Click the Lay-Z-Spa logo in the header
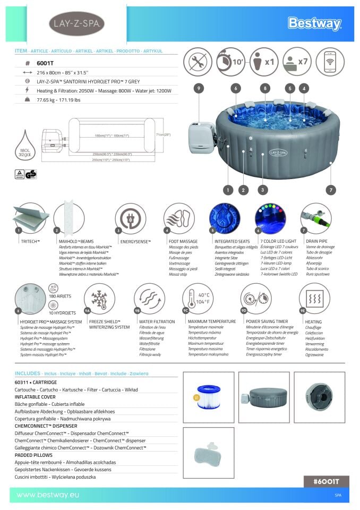pos(76,24)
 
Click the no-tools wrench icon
pos(198,62)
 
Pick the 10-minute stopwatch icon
pos(230,62)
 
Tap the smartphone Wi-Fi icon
pos(330,62)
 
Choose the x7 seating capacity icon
pos(297,62)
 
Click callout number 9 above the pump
pos(199,89)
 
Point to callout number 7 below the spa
pos(330,189)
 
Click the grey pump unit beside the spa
pos(202,134)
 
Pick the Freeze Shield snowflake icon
pos(99,298)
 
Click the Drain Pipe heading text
pos(316,241)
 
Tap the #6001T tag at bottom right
pos(326,481)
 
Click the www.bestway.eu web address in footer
pos(47,495)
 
